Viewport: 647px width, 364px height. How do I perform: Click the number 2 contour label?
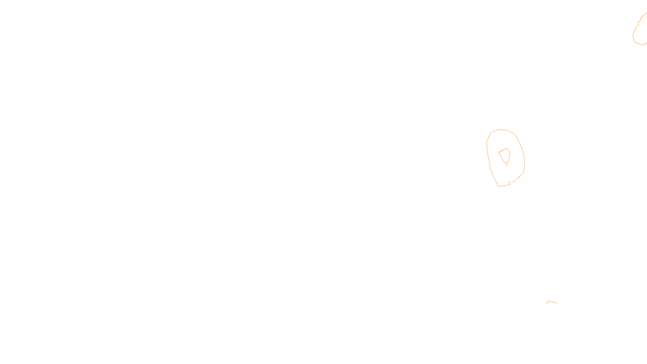click(x=507, y=164)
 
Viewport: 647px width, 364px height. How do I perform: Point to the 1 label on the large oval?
click(x=509, y=183)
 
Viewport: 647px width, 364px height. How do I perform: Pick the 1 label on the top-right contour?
click(x=638, y=23)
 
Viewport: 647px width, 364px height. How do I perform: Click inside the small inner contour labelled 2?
click(x=505, y=154)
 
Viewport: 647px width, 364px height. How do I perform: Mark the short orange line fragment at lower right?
click(x=552, y=302)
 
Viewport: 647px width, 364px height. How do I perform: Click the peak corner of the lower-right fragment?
click(x=548, y=301)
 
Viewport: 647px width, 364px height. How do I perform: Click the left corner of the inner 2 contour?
click(x=499, y=152)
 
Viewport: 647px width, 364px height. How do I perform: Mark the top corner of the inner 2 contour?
click(x=507, y=148)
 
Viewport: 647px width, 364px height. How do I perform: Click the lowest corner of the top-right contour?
click(x=642, y=44)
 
